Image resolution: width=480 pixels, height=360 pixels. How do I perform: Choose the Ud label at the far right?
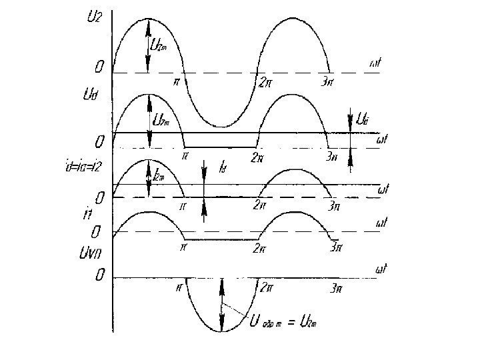click(362, 121)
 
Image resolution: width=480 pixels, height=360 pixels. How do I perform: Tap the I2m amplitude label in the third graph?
click(159, 177)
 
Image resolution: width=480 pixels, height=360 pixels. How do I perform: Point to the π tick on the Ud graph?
click(185, 157)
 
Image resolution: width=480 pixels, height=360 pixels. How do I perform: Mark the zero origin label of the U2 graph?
click(99, 68)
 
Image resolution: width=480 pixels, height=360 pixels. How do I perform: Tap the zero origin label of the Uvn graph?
click(99, 274)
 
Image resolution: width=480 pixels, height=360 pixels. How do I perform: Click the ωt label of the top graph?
click(375, 64)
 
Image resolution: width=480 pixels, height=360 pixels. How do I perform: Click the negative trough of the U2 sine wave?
click(222, 125)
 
